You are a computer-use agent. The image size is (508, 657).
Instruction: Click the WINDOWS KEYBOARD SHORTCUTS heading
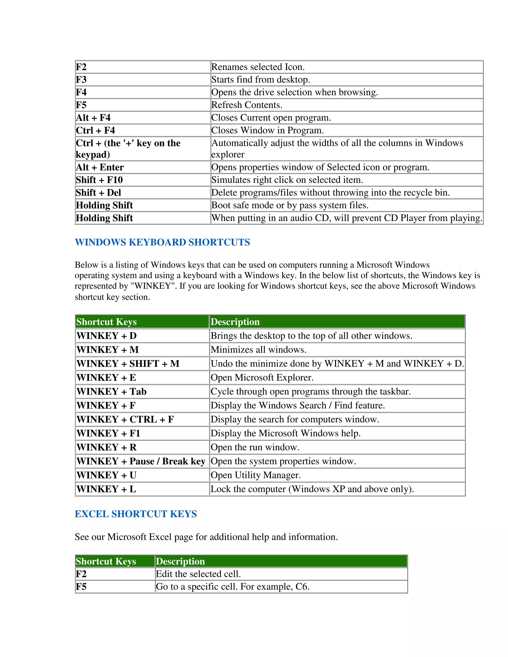tap(162, 242)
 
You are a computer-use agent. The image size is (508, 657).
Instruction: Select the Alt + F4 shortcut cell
tap(93, 118)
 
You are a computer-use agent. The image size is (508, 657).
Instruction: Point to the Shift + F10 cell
tap(99, 180)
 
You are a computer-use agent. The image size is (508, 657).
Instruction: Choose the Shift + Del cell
tap(98, 193)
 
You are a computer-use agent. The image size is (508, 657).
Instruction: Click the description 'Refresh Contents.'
tap(247, 105)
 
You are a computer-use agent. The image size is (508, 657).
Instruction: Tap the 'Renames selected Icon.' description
tap(258, 67)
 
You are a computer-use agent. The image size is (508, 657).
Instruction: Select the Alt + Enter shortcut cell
tap(100, 167)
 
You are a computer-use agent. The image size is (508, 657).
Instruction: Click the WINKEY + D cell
tap(106, 336)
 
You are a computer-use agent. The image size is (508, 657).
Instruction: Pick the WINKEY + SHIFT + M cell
tap(128, 364)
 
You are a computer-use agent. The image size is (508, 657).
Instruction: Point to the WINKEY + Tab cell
tap(111, 392)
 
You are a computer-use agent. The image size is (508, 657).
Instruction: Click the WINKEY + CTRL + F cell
tap(125, 419)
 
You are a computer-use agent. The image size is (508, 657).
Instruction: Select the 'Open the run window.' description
tap(255, 447)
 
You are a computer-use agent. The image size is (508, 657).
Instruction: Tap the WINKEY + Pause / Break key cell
tap(141, 461)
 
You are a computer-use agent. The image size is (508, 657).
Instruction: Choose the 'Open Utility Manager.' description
tap(256, 475)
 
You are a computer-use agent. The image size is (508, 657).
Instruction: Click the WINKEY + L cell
tap(106, 489)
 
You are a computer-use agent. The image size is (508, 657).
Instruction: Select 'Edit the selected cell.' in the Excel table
tap(198, 574)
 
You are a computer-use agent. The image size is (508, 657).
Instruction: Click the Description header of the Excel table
tap(180, 561)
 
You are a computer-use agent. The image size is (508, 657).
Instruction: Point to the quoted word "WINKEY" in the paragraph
tap(153, 286)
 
